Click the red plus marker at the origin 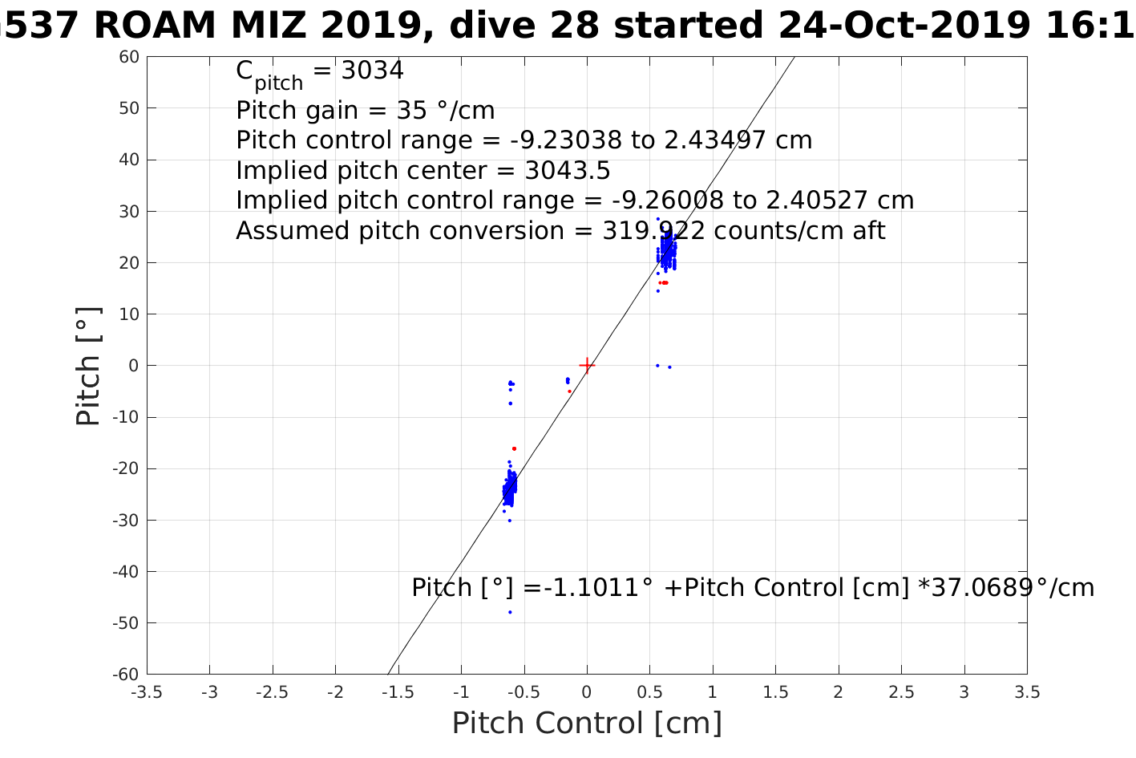(587, 366)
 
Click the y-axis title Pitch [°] (88, 366)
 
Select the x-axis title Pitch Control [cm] (587, 723)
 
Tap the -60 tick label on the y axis (125, 675)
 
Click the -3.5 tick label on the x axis (146, 692)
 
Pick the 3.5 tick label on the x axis (1027, 692)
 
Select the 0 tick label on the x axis (587, 692)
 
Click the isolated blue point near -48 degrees (510, 613)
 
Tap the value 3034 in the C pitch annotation (373, 71)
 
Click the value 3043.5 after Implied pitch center (568, 171)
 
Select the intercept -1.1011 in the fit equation (589, 588)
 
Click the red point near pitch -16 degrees (514, 448)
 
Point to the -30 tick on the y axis (125, 521)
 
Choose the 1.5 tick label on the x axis (775, 692)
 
